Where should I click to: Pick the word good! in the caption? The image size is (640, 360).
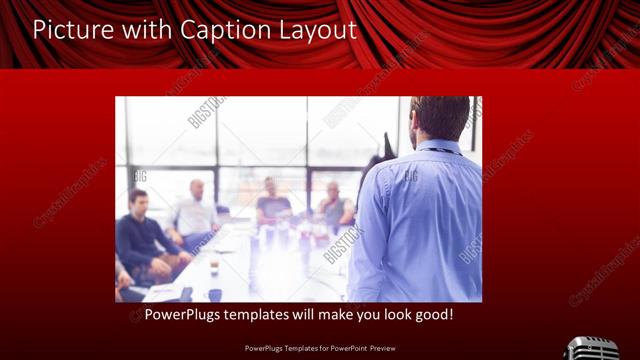[x=433, y=315]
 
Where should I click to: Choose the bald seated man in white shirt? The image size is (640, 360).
[x=195, y=212]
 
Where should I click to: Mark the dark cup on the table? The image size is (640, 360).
[x=215, y=294]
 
